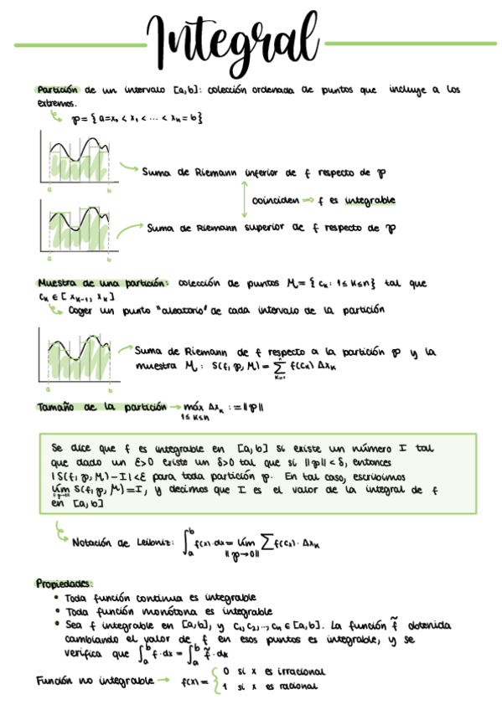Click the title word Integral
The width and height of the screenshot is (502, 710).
pos(234,39)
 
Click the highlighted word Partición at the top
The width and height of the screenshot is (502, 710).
pos(56,90)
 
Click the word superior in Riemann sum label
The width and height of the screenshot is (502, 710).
pos(264,227)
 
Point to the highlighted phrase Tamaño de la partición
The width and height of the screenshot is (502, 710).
pos(101,407)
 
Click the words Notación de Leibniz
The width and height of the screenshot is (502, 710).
pos(122,542)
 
